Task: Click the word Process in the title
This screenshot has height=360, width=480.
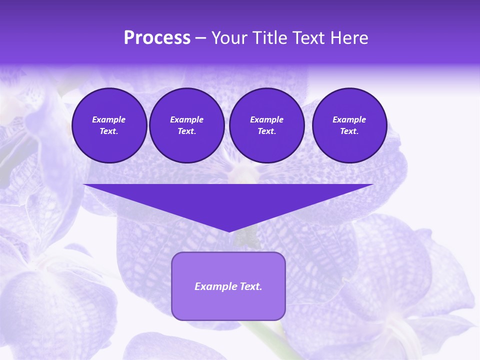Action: pyautogui.click(x=157, y=38)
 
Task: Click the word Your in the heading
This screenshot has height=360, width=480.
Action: pyautogui.click(x=228, y=38)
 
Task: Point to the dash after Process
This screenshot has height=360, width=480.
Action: pyautogui.click(x=200, y=38)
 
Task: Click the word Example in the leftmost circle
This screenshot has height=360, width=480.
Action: pyautogui.click(x=109, y=119)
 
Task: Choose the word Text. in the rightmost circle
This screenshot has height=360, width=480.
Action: pyautogui.click(x=349, y=131)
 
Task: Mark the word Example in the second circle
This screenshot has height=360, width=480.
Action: pyautogui.click(x=186, y=119)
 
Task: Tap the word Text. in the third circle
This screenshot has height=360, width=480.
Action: pyautogui.click(x=266, y=131)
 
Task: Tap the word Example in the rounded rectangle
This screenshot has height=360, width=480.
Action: pyautogui.click(x=214, y=286)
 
